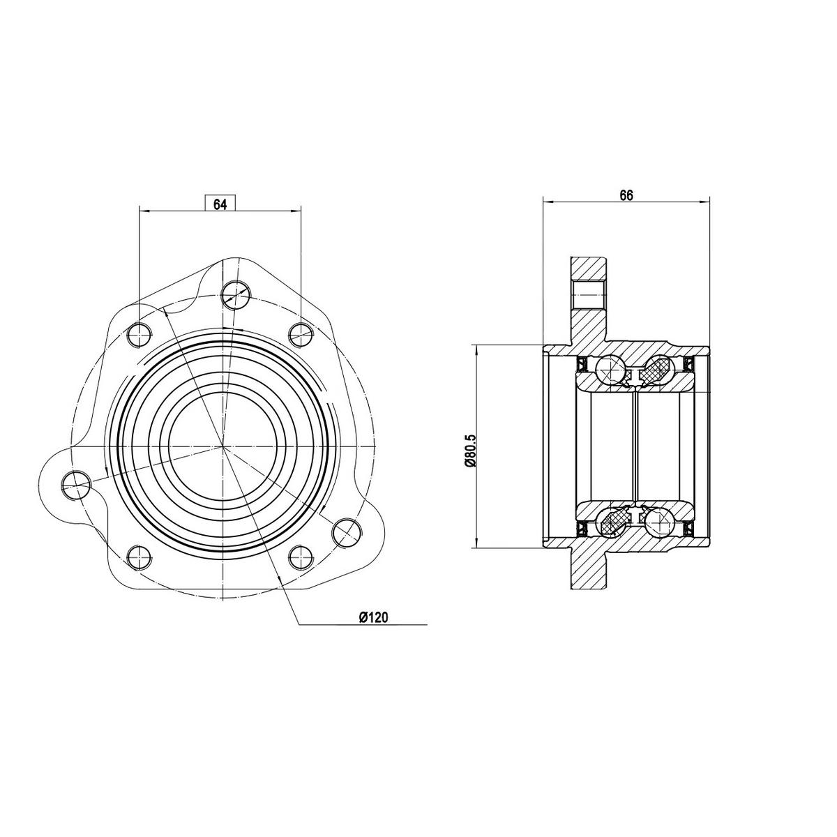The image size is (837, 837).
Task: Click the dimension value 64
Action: (x=220, y=204)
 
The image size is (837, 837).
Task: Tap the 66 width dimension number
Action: (x=626, y=196)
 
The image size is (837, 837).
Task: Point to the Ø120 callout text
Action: (x=373, y=617)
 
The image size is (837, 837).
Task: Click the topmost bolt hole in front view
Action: (x=236, y=294)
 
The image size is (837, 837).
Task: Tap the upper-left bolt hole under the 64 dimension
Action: (x=139, y=334)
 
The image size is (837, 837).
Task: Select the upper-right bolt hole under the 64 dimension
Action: (x=300, y=334)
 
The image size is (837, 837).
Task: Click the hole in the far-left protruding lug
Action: (x=76, y=483)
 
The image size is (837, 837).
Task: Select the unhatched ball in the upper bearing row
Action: (x=608, y=370)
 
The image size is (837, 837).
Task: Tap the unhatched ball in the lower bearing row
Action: (x=658, y=521)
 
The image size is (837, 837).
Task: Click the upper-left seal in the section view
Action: (x=580, y=363)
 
